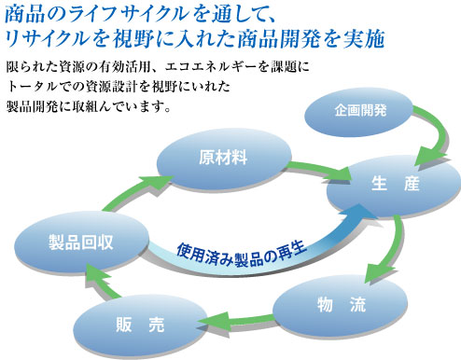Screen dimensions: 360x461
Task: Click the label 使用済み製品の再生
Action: click(241, 250)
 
